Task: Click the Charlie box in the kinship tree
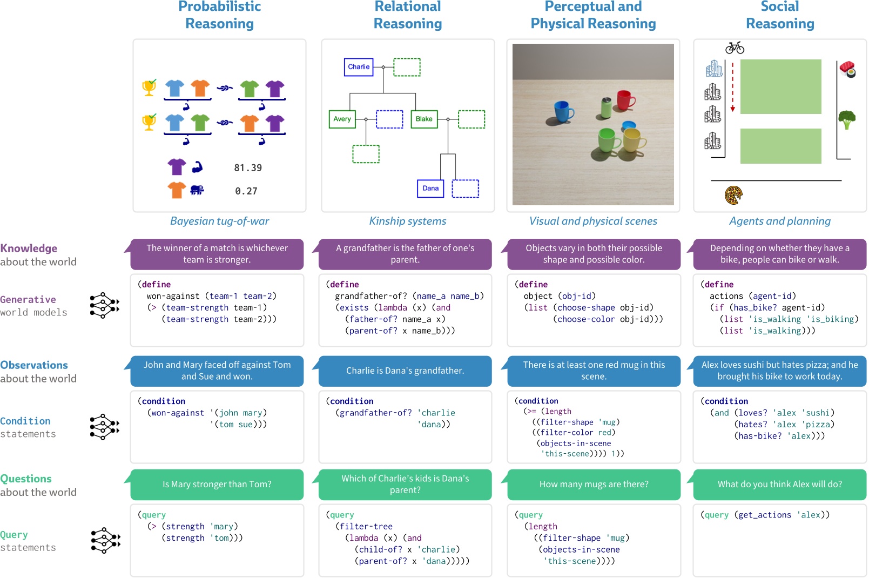point(359,67)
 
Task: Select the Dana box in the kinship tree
point(430,188)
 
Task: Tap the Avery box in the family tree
point(342,119)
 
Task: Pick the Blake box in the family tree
point(424,119)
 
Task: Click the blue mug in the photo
point(563,111)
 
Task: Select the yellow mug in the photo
point(634,140)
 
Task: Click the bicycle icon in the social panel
point(735,48)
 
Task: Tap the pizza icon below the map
point(733,195)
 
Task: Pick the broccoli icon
point(846,119)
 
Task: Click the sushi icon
point(847,69)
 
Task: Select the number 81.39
point(248,168)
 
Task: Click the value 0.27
point(246,191)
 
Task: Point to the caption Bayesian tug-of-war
point(219,221)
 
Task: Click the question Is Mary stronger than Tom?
point(217,485)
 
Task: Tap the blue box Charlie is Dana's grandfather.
point(405,371)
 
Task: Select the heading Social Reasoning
point(779,15)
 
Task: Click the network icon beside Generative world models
point(105,306)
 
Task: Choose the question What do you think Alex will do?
point(779,485)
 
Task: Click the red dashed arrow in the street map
point(733,86)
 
